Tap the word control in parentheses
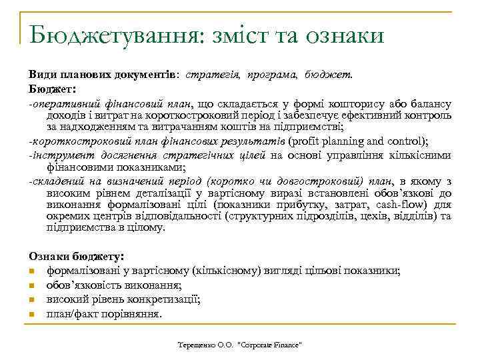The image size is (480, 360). click(405, 141)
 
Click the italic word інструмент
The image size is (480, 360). click(60, 155)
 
